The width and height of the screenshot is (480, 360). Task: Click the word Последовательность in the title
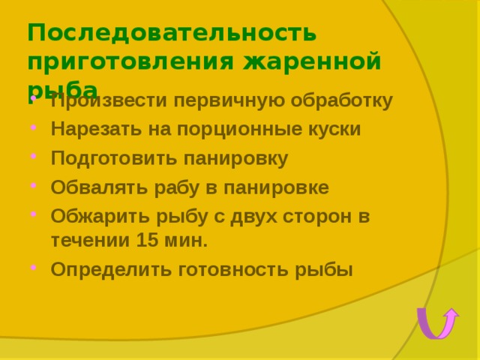click(x=172, y=34)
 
